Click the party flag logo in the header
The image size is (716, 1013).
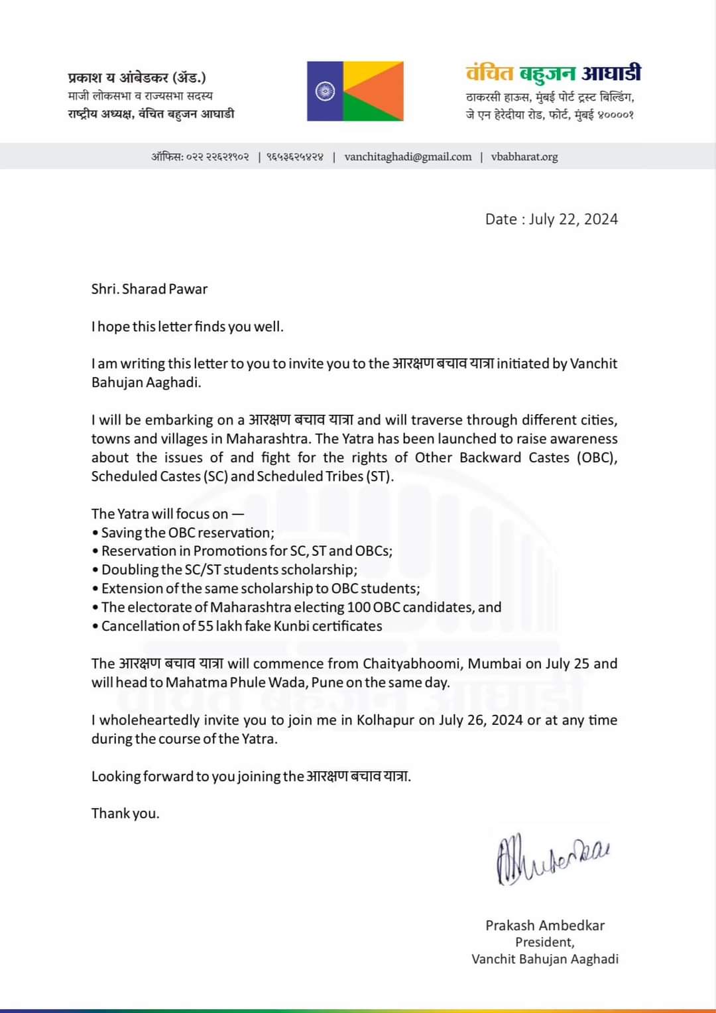pos(355,91)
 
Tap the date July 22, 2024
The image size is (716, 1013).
pos(573,219)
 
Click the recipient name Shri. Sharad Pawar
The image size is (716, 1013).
pos(149,289)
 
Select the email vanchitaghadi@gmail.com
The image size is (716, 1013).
pos(408,157)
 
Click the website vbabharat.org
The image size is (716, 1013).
pos(524,157)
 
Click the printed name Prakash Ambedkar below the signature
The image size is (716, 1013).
pos(545,925)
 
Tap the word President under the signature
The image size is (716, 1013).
pos(544,942)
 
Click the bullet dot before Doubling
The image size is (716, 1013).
pos(95,570)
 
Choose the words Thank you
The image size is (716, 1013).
pos(125,813)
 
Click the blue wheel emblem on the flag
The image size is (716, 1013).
pos(325,91)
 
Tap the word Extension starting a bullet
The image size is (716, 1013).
pos(131,588)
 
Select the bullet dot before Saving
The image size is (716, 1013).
pos(95,533)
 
